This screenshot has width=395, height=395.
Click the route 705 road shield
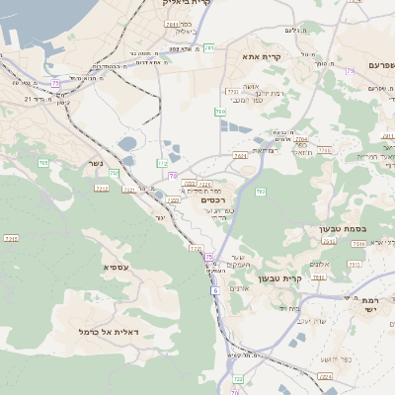click(x=42, y=162)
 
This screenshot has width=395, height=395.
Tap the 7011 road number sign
click(x=172, y=25)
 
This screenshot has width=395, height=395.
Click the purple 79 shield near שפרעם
click(x=351, y=71)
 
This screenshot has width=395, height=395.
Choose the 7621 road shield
click(x=129, y=189)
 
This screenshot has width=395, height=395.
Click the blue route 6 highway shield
click(x=214, y=290)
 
